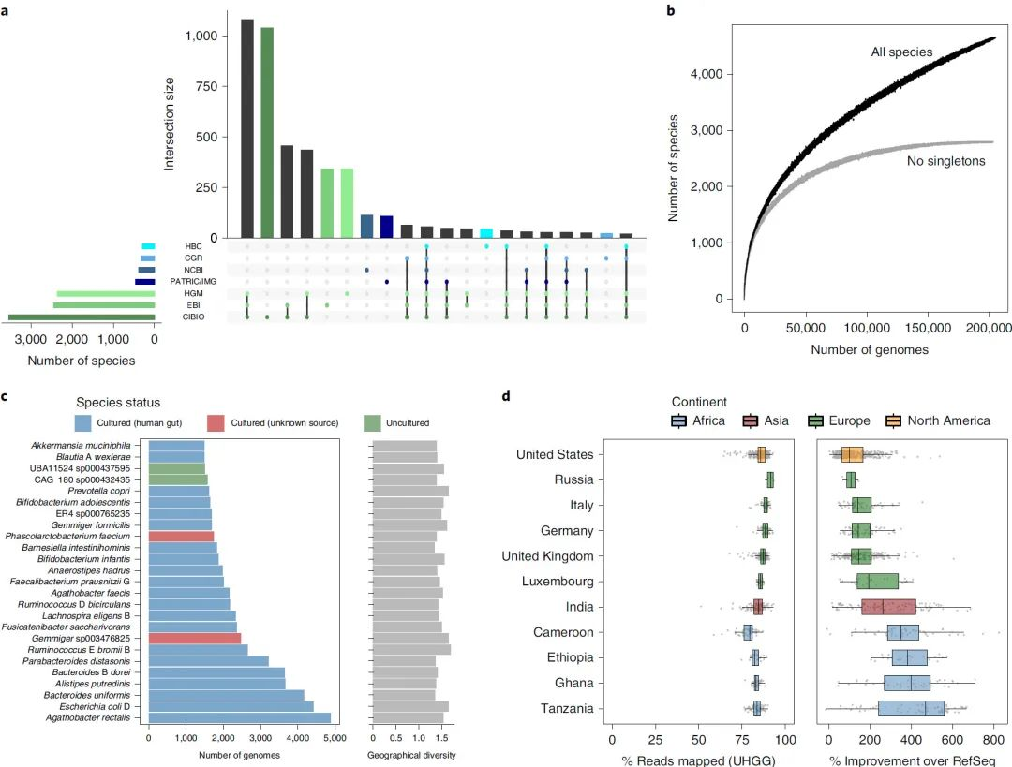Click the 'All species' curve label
point(901,52)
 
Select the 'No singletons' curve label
point(946,161)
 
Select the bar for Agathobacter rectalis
point(240,718)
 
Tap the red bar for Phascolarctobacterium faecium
point(182,537)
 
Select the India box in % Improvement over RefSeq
point(887,607)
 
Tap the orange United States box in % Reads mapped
point(761,455)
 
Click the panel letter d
point(508,396)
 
